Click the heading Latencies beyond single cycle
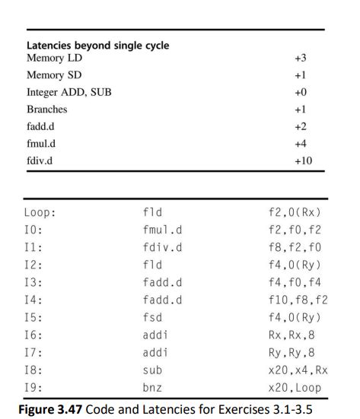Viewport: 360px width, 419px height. tap(97, 46)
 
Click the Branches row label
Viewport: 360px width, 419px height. tap(46, 110)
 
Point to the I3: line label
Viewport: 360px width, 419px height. tap(34, 281)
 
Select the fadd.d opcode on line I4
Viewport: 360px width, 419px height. tap(162, 299)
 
